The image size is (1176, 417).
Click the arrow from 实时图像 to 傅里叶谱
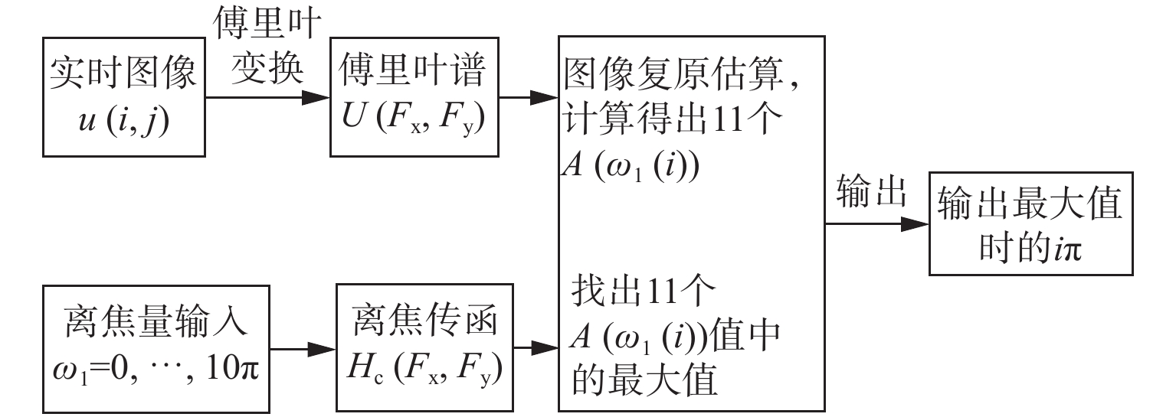click(x=267, y=98)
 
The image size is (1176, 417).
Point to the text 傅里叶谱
click(x=412, y=70)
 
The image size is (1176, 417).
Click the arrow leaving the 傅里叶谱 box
click(x=528, y=98)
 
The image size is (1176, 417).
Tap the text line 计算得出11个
click(x=672, y=119)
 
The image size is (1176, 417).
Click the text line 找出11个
click(x=643, y=290)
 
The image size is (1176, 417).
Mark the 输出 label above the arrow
click(x=872, y=191)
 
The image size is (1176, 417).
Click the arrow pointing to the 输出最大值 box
click(x=876, y=224)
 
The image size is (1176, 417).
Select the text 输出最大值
click(x=1030, y=204)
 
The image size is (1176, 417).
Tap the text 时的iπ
click(x=1030, y=247)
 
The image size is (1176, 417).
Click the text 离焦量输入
click(x=156, y=321)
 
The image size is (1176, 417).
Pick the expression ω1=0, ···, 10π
click(x=156, y=369)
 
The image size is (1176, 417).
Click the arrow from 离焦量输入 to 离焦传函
click(x=303, y=350)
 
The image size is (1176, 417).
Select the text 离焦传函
click(x=424, y=319)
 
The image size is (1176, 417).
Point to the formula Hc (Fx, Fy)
click(x=424, y=368)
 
